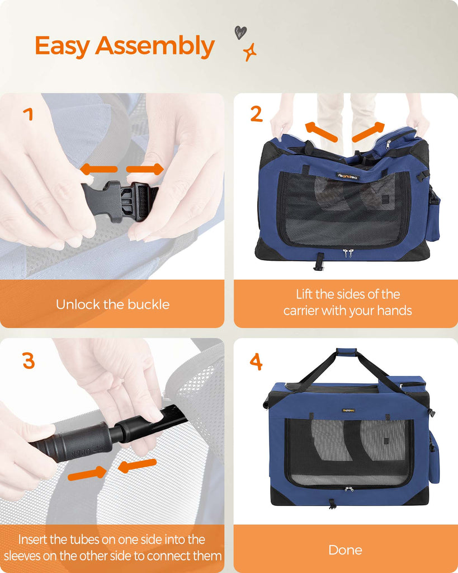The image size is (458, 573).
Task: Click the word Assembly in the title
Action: [155, 46]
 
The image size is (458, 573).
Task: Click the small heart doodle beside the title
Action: [240, 32]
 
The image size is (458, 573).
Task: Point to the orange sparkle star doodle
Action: [250, 52]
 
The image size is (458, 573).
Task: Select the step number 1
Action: [29, 114]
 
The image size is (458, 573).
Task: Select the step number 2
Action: [256, 114]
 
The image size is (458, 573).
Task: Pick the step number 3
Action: [29, 361]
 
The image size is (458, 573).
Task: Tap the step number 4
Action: [256, 361]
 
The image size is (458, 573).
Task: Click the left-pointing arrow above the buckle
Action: [98, 169]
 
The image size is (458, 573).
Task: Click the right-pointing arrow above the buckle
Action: [145, 169]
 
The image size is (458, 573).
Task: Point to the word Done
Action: [345, 550]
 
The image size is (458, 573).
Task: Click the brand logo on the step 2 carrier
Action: [348, 176]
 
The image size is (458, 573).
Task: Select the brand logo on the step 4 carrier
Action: [348, 410]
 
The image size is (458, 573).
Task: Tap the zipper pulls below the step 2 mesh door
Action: [348, 253]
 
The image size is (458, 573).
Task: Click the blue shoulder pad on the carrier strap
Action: [346, 351]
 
